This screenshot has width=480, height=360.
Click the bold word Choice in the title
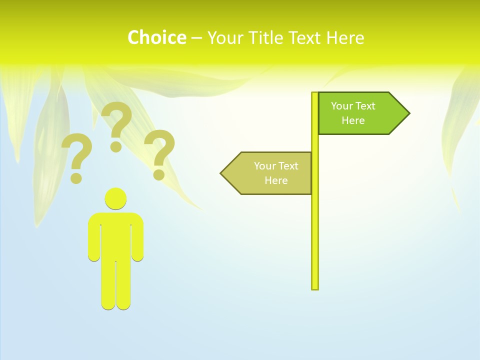click(156, 37)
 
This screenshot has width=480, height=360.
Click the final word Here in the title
click(345, 37)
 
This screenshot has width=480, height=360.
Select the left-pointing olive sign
click(267, 173)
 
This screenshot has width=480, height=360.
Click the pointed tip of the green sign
click(408, 113)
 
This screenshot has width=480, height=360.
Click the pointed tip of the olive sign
click(222, 173)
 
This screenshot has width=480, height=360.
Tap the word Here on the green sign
click(353, 120)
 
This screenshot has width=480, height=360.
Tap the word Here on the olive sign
click(275, 180)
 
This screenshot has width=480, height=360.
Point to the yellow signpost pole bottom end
click(315, 287)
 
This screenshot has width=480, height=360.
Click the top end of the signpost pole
click(315, 94)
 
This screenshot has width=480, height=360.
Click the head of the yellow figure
click(115, 198)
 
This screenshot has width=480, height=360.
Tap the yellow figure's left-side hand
click(94, 255)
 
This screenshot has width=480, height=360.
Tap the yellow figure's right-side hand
click(137, 255)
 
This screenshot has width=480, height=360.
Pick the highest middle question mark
click(117, 125)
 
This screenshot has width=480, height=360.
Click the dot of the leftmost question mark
click(76, 177)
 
